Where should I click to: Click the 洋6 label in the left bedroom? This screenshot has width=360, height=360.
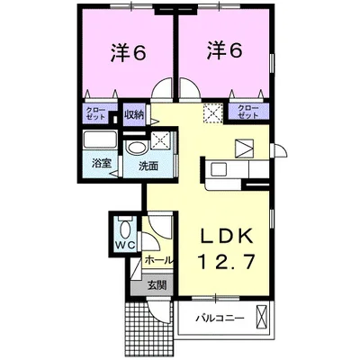tap(128, 51)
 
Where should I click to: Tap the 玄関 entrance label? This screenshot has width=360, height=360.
tap(157, 286)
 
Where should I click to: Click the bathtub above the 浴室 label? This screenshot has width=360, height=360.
tap(99, 141)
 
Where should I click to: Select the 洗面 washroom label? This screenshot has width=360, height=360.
tap(148, 166)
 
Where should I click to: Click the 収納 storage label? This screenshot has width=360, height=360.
tap(134, 114)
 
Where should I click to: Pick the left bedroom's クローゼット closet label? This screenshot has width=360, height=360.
tap(98, 113)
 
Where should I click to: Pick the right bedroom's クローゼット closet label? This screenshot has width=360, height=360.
tap(248, 112)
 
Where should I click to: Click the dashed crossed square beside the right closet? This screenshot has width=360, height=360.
tap(212, 112)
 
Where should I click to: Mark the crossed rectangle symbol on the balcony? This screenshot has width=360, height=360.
tap(262, 318)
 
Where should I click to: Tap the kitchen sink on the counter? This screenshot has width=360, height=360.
tap(220, 167)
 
